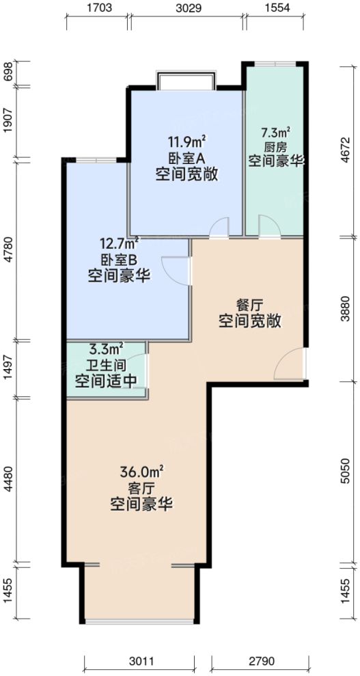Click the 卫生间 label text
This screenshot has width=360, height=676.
tap(105, 366)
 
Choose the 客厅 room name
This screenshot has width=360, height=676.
tap(141, 489)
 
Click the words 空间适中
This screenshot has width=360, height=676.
tap(106, 381)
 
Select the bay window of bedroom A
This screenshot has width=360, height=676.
tap(186, 81)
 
